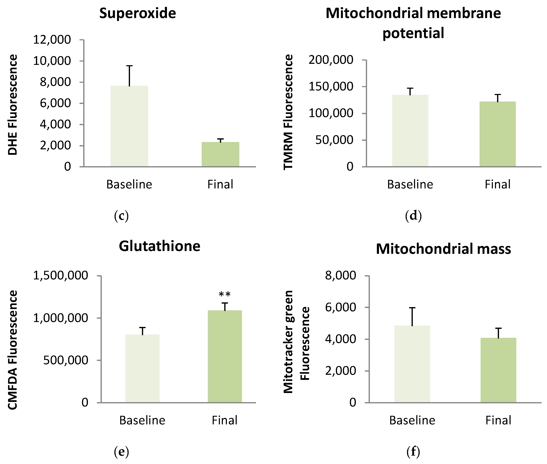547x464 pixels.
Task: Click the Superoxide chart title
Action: (x=138, y=13)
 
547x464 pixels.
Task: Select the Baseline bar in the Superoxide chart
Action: (x=129, y=126)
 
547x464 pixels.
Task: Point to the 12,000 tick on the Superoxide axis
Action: (x=52, y=40)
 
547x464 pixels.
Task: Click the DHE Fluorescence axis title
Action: (x=12, y=105)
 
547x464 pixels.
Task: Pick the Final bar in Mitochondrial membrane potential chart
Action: (x=497, y=134)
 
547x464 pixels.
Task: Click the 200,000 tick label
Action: (x=331, y=60)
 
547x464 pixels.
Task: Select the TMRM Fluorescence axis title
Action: (x=288, y=112)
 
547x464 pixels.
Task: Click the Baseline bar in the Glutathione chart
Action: (x=142, y=368)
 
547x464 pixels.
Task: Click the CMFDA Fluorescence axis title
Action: (x=12, y=350)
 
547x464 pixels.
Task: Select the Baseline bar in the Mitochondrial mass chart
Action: (x=412, y=364)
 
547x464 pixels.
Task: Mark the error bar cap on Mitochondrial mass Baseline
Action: (x=412, y=307)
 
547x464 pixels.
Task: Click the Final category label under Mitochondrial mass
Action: (x=498, y=420)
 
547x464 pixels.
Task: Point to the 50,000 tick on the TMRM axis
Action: (x=334, y=140)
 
